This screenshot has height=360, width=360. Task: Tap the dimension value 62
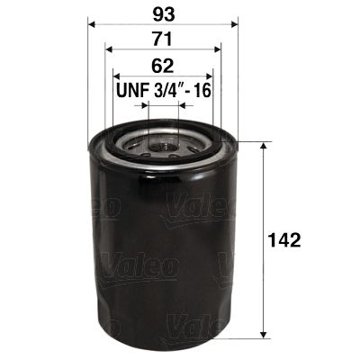[162, 66]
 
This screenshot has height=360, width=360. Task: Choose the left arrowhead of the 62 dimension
[115, 75]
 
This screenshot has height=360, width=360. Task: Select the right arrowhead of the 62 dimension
[209, 75]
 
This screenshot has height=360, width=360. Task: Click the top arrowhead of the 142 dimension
[262, 146]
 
